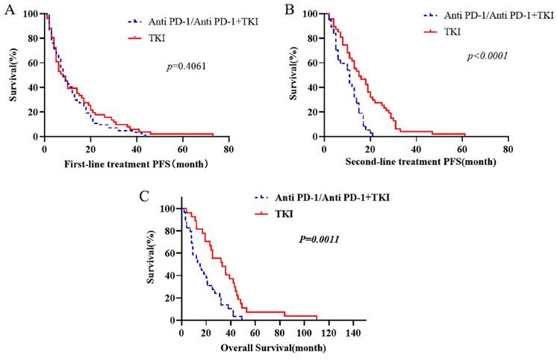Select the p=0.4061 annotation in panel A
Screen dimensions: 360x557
(186, 66)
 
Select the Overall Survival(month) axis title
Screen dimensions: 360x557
(273, 347)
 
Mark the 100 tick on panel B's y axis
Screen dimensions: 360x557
(313, 14)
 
